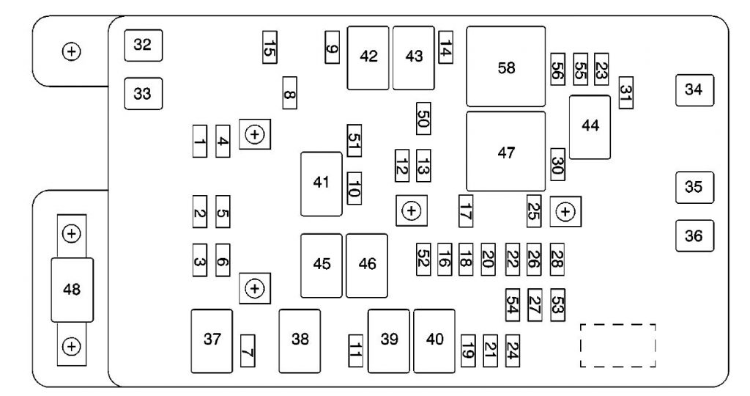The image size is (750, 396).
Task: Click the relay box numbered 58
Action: click(505, 66)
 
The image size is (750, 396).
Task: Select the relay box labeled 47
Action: click(505, 151)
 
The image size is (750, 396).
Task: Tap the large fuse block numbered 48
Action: click(73, 290)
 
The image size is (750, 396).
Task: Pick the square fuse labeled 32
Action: click(144, 45)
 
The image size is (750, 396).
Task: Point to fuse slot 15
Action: click(270, 47)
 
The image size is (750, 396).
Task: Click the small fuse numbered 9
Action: click(332, 47)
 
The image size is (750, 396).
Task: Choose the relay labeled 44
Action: click(590, 127)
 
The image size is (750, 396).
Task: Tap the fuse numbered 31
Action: click(625, 92)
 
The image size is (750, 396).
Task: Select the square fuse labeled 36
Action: click(694, 235)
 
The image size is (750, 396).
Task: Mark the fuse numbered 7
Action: click(248, 351)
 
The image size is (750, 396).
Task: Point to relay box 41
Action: click(322, 184)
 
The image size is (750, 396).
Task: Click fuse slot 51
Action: click(354, 140)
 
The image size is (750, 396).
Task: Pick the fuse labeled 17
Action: click(465, 210)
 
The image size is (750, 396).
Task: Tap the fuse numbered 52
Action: click(423, 260)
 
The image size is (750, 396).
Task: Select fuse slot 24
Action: click(512, 351)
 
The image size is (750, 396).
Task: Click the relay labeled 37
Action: click(212, 341)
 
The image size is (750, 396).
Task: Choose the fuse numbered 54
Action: click(512, 304)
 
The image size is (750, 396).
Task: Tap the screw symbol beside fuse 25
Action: click(565, 211)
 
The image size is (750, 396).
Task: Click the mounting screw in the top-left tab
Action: click(72, 51)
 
